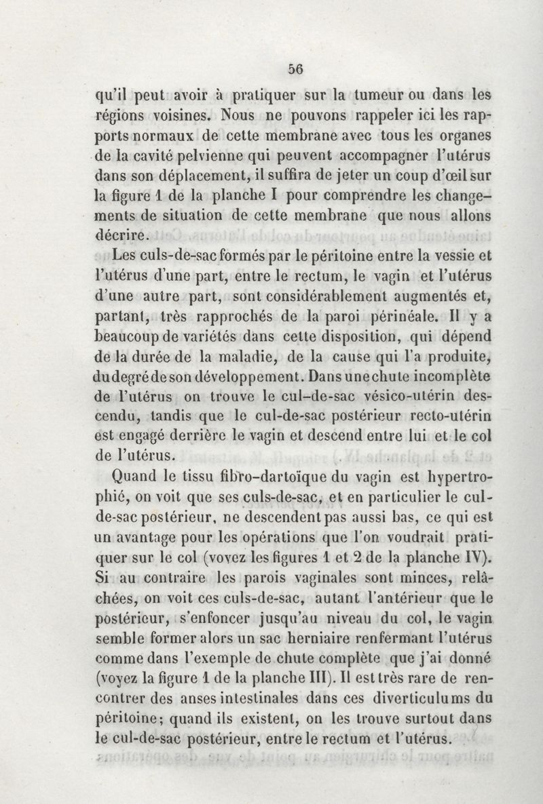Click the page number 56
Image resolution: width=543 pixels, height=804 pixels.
tap(295, 68)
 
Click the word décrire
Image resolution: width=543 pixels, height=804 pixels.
tap(120, 237)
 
